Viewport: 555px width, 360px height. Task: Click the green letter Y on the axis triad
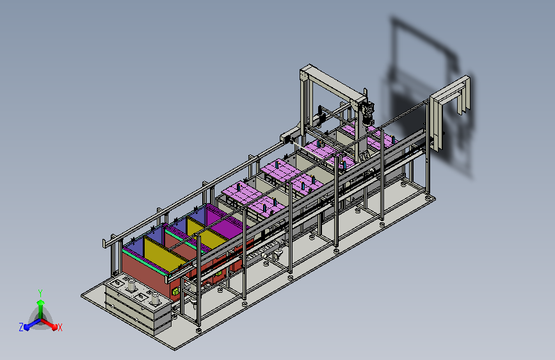pos(40,293)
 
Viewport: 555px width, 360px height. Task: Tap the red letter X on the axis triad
pos(60,327)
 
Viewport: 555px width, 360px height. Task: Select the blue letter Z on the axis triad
pos(21,327)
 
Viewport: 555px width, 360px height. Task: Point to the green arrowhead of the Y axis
pos(41,302)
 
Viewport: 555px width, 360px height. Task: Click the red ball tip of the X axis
pos(54,327)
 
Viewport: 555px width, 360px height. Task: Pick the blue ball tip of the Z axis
pos(27,327)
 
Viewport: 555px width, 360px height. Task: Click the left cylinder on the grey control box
pos(131,285)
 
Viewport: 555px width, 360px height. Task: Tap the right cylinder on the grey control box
pos(155,299)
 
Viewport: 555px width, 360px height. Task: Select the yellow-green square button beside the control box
pos(175,292)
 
